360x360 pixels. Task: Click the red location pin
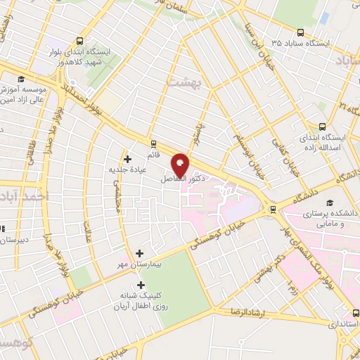pyautogui.click(x=180, y=165)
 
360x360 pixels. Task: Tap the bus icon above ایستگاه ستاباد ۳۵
pyautogui.click(x=301, y=32)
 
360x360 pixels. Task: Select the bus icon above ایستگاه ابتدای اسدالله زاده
pyautogui.click(x=322, y=127)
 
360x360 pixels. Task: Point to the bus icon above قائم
pyautogui.click(x=153, y=143)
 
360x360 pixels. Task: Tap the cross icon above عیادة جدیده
pyautogui.click(x=127, y=159)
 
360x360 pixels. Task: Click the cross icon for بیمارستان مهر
pyautogui.click(x=139, y=252)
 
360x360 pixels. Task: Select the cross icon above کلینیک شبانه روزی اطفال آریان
pyautogui.click(x=141, y=285)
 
